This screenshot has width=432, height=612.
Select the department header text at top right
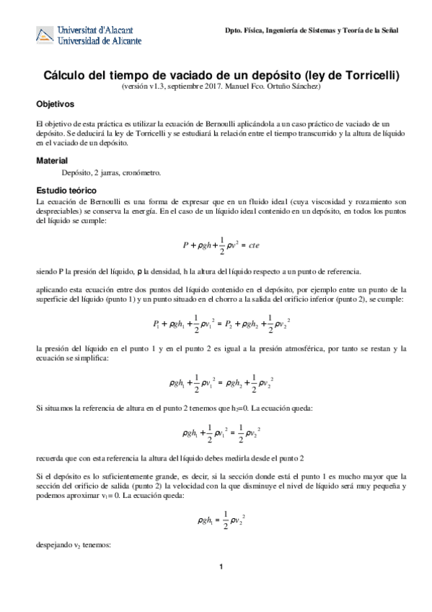point(311,30)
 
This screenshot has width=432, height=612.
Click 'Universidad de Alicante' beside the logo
point(103,42)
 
